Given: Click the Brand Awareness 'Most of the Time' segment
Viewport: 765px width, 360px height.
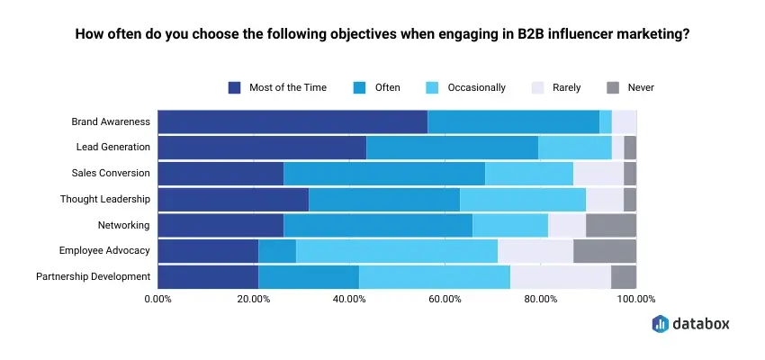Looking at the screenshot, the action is (x=292, y=122).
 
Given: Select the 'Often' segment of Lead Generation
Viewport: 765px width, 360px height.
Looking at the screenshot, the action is (x=453, y=148).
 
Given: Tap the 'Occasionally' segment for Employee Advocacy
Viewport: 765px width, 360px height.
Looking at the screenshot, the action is (x=397, y=251).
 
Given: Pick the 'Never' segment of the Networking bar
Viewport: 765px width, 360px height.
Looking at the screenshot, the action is (x=611, y=225).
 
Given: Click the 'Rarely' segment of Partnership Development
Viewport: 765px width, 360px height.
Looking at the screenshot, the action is (x=561, y=276).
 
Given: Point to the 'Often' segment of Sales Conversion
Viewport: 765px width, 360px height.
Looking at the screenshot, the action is (x=384, y=173).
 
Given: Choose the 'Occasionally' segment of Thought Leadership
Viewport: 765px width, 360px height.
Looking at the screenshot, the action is (x=523, y=199).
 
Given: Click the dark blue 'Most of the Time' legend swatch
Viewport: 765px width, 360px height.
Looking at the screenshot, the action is (x=234, y=88).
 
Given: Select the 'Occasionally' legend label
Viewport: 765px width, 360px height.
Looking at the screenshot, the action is (x=477, y=88).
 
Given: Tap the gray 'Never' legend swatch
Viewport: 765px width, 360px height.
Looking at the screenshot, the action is (x=613, y=88).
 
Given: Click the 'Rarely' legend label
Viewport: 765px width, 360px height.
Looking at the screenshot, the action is (x=566, y=88).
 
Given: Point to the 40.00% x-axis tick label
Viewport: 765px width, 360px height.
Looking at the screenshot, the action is (x=349, y=299).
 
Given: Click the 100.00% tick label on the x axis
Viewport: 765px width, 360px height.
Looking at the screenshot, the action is (x=636, y=299).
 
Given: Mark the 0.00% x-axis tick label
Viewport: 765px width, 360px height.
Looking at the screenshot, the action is (x=158, y=299).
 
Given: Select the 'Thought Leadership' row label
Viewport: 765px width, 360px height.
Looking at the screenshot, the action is (x=105, y=199).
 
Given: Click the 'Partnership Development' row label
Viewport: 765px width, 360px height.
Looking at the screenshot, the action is (x=94, y=276).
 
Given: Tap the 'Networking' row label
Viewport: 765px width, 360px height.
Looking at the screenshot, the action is (x=124, y=225).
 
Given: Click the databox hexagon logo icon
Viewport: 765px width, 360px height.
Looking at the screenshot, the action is (x=660, y=323).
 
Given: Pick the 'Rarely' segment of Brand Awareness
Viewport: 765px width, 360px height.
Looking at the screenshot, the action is (x=624, y=122).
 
